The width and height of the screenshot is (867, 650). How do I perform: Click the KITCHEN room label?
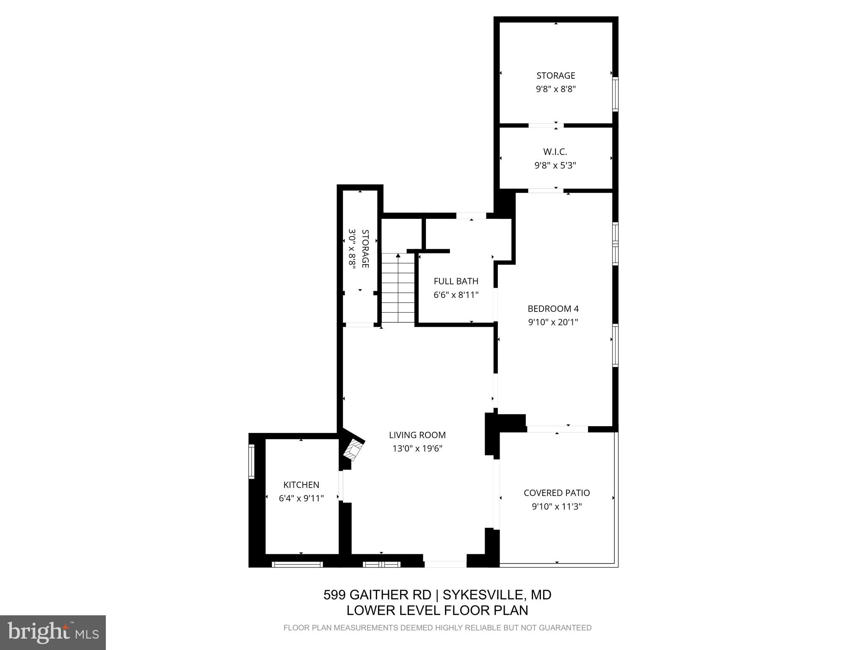301,485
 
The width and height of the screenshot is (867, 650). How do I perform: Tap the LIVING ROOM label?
417,435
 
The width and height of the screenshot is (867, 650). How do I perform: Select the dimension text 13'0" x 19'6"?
417,449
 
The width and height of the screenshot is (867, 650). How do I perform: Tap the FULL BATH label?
456,281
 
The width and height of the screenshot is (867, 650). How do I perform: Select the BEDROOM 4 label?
553,308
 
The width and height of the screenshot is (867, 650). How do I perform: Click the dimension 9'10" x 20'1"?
553,322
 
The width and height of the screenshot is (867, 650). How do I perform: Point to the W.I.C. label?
555,151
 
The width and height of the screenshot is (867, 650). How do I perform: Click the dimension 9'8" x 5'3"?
555,165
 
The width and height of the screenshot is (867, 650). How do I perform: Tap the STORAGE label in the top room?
555,76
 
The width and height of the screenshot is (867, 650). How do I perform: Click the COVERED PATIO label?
557,493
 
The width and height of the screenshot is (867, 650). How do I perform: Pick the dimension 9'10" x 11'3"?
557,507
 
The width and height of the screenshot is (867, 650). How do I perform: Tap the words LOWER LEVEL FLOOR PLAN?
437,610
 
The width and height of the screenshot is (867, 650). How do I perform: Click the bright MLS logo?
53,632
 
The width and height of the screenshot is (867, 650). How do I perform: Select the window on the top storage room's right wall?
616,94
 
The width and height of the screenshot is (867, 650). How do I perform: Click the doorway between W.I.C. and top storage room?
546,125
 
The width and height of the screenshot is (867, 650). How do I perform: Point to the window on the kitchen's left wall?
251,461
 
